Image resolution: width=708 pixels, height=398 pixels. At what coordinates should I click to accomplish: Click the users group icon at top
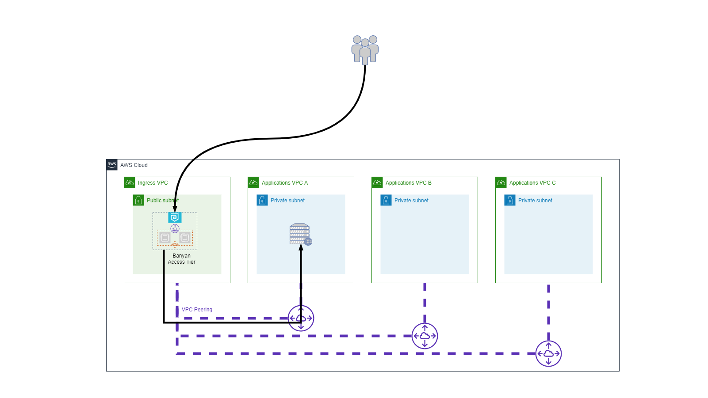point(365,50)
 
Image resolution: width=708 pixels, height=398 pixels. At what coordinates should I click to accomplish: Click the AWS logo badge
point(112,165)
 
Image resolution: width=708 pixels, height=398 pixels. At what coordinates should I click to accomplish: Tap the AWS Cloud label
point(134,165)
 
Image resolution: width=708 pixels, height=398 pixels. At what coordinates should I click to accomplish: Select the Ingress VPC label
point(153,183)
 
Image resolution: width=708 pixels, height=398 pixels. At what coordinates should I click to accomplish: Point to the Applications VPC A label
point(284,183)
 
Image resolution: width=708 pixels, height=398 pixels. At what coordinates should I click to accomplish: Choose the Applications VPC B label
point(408,183)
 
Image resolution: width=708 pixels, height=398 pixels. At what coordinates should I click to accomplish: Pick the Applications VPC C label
point(532,183)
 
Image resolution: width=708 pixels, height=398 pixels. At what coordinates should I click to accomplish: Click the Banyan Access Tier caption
point(181,259)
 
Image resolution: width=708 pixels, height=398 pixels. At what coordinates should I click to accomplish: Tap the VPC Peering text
point(197,310)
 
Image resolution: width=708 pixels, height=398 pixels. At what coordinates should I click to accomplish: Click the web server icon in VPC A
point(300,234)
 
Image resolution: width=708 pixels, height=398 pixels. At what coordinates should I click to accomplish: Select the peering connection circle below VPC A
point(301,318)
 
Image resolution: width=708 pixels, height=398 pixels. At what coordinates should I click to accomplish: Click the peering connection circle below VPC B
point(425,336)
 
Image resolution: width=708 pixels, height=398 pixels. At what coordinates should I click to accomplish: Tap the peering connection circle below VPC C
point(548,353)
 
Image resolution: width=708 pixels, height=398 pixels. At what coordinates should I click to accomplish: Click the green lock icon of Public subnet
point(138,200)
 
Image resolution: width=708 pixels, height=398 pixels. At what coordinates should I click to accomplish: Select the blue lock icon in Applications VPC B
point(386,200)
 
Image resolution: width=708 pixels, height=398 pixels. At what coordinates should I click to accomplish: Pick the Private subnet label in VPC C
point(535,201)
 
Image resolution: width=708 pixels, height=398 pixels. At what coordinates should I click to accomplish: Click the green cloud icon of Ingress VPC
point(130,182)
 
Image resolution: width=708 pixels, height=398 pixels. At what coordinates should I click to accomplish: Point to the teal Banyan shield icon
point(175,217)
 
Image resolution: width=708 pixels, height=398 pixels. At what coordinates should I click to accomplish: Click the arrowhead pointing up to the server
point(301,247)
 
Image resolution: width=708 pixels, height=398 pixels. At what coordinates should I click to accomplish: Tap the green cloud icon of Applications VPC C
point(501,182)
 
